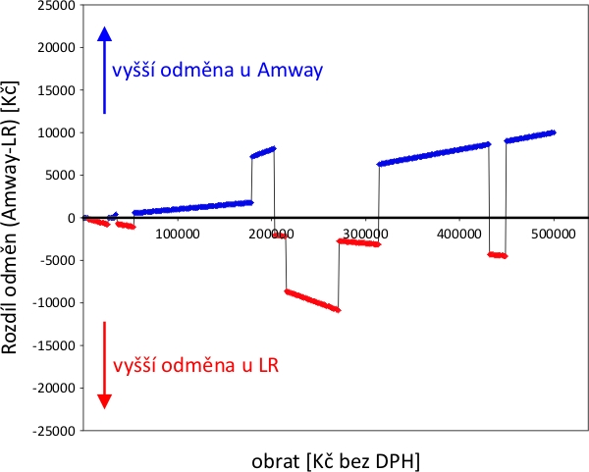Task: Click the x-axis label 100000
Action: [x=175, y=235]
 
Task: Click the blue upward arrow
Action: [x=106, y=69]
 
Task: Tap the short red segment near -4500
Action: [x=497, y=255]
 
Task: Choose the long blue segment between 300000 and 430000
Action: [x=433, y=154]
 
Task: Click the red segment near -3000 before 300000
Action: [x=358, y=242]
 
